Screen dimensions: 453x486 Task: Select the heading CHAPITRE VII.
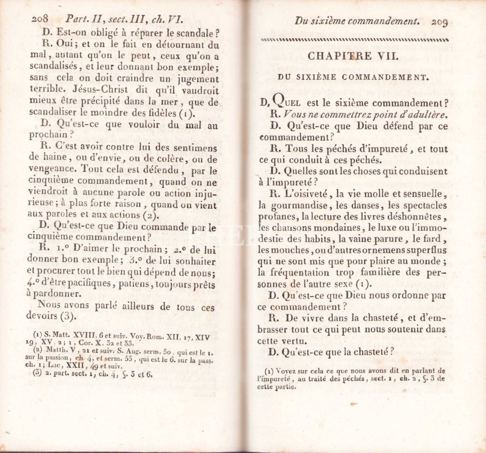353,56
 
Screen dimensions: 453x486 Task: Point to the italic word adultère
426,114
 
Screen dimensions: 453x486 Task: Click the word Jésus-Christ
100,89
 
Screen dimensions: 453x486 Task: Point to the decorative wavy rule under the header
354,40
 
